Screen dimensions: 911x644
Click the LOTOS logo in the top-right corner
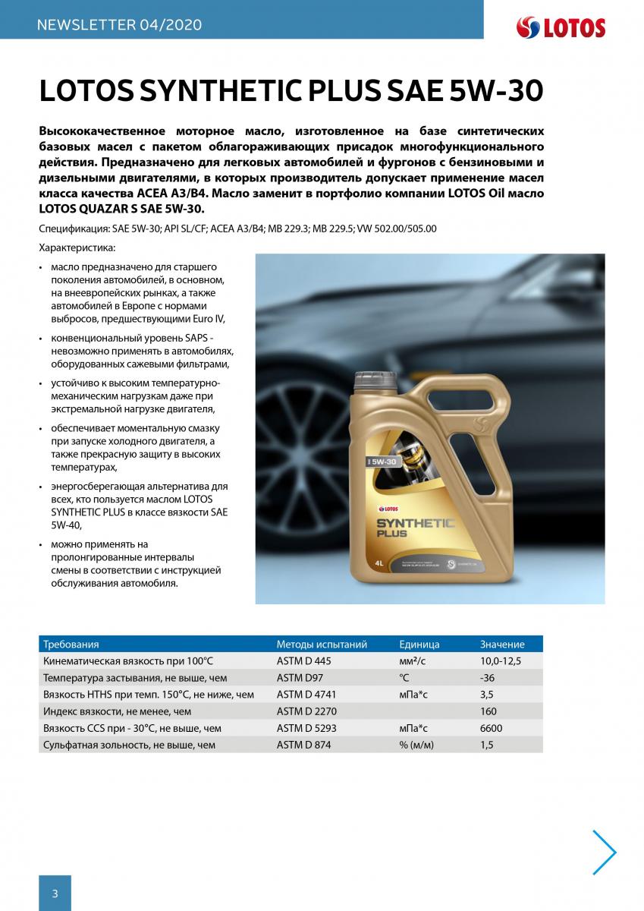click(x=561, y=28)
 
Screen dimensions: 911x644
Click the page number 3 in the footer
click(x=55, y=893)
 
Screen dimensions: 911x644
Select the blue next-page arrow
click(x=605, y=853)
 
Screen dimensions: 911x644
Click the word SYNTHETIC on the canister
click(x=415, y=523)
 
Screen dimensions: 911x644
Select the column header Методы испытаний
click(x=322, y=645)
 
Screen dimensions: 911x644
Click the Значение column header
click(x=502, y=645)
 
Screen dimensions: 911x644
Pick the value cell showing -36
click(x=488, y=678)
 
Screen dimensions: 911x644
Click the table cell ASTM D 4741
click(x=306, y=695)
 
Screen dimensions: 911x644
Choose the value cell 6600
click(x=491, y=728)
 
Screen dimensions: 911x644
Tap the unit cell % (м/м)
click(x=416, y=745)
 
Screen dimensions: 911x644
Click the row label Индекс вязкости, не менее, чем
click(x=118, y=711)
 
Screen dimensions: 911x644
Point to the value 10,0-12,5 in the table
click(x=501, y=661)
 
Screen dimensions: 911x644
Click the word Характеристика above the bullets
click(x=77, y=248)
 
